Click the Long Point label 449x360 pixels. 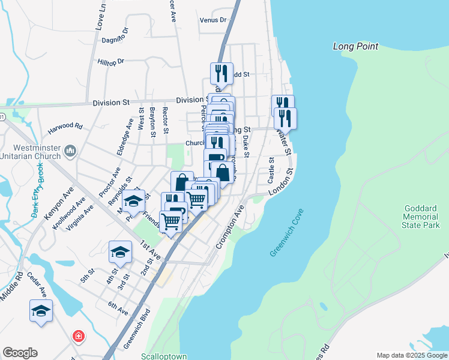click(356, 46)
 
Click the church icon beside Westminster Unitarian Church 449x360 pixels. click(71, 149)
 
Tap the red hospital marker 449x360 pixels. click(78, 336)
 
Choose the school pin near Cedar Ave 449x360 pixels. click(41, 310)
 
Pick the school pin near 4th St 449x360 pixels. click(120, 251)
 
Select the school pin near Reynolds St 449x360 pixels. click(134, 200)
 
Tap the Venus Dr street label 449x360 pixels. click(214, 20)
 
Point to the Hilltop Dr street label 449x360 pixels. click(110, 61)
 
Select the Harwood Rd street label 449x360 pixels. click(65, 127)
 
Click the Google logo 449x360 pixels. click(20, 353)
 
